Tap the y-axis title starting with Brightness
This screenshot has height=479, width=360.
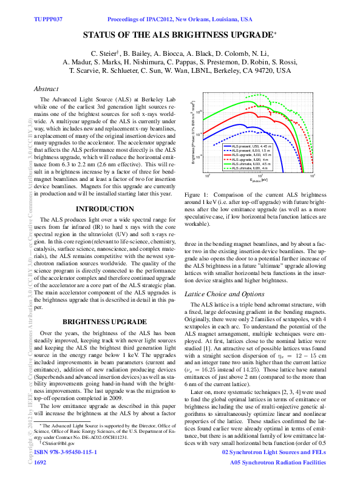coord(194,134)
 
